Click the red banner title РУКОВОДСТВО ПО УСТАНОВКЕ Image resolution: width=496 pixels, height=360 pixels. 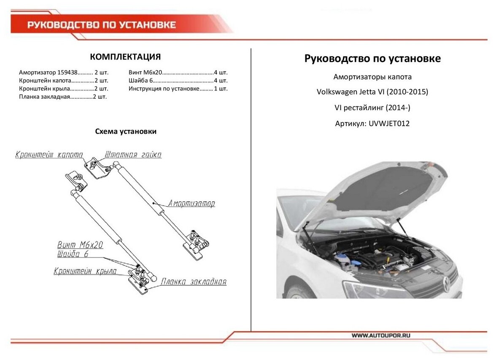[102, 25]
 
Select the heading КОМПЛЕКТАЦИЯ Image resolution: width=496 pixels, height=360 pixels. [125, 57]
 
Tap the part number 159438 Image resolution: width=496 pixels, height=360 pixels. [67, 72]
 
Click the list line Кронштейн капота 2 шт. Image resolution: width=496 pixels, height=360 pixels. [64, 81]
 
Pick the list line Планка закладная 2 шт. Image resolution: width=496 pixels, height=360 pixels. [63, 97]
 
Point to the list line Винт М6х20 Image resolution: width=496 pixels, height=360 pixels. [178, 72]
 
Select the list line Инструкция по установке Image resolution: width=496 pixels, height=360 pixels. [178, 88]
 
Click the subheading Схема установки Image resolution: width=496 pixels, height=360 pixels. [126, 131]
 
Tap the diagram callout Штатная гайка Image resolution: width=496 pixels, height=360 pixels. [133, 154]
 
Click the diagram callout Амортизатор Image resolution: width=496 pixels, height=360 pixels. [191, 203]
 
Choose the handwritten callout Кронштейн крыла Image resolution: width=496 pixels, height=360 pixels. [85, 271]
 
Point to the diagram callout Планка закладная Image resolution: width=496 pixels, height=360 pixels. [194, 282]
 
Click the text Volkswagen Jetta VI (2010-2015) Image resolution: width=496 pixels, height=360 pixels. [372, 92]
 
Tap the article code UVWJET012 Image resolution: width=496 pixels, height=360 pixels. [389, 124]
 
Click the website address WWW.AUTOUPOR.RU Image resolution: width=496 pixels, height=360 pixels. [381, 335]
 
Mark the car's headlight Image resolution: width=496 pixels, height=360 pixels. [376, 288]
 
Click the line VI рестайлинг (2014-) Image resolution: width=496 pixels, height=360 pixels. [372, 108]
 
